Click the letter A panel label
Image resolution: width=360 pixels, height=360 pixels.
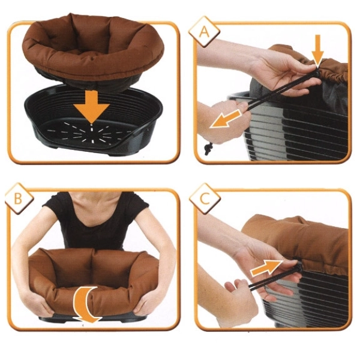[x=204, y=32]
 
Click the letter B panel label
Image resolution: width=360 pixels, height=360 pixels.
[x=18, y=199]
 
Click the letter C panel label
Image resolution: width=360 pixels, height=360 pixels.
[x=205, y=199]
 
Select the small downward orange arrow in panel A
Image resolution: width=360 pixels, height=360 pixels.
[x=317, y=51]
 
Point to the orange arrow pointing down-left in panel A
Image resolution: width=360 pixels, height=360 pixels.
[x=226, y=119]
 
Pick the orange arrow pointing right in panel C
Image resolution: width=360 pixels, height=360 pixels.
[x=267, y=268]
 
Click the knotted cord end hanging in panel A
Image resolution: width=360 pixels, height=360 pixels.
[x=208, y=149]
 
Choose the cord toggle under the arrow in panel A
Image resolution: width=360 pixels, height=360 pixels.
[x=317, y=73]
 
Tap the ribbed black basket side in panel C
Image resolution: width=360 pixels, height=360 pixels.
[x=308, y=298]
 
